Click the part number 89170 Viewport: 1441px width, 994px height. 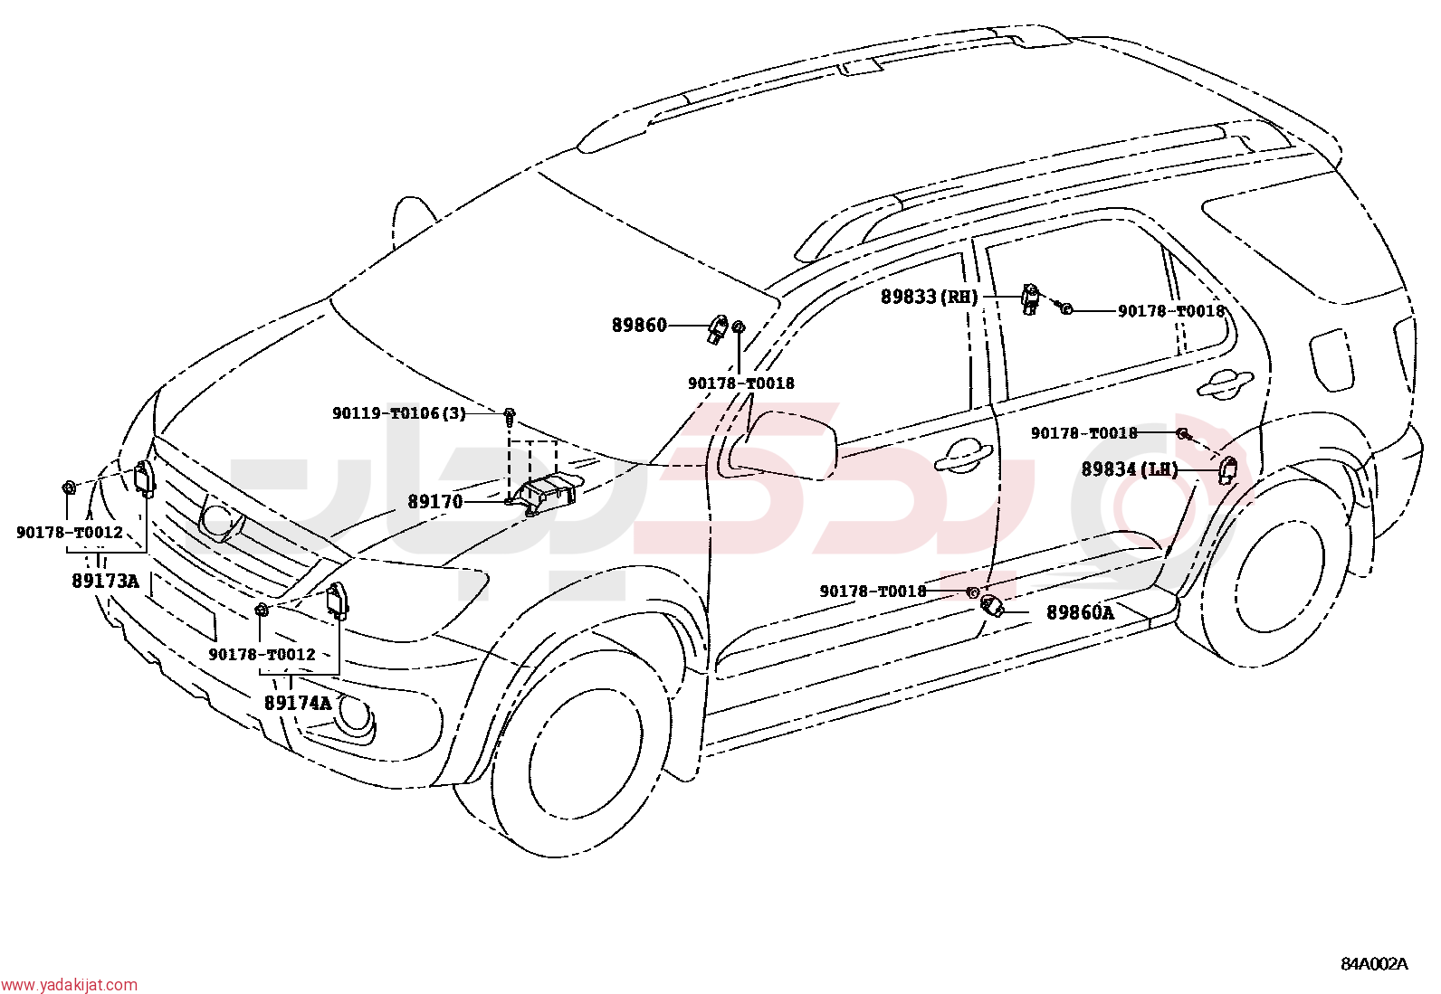[x=434, y=501]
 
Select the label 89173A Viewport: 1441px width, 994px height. [x=105, y=581]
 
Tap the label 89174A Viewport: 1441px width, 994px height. [x=298, y=703]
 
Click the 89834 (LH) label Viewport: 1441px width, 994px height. [x=1130, y=469]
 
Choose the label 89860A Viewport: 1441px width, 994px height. [x=1080, y=612]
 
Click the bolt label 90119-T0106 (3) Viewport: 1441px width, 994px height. [x=399, y=412]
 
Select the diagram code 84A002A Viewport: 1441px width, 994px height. [x=1374, y=964]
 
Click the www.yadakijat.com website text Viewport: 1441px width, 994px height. [x=69, y=984]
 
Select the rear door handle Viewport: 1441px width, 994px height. [x=1225, y=382]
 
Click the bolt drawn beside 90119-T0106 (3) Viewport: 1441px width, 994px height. [x=509, y=417]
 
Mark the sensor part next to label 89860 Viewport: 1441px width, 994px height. [x=718, y=328]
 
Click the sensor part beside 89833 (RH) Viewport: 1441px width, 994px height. [x=1031, y=298]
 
